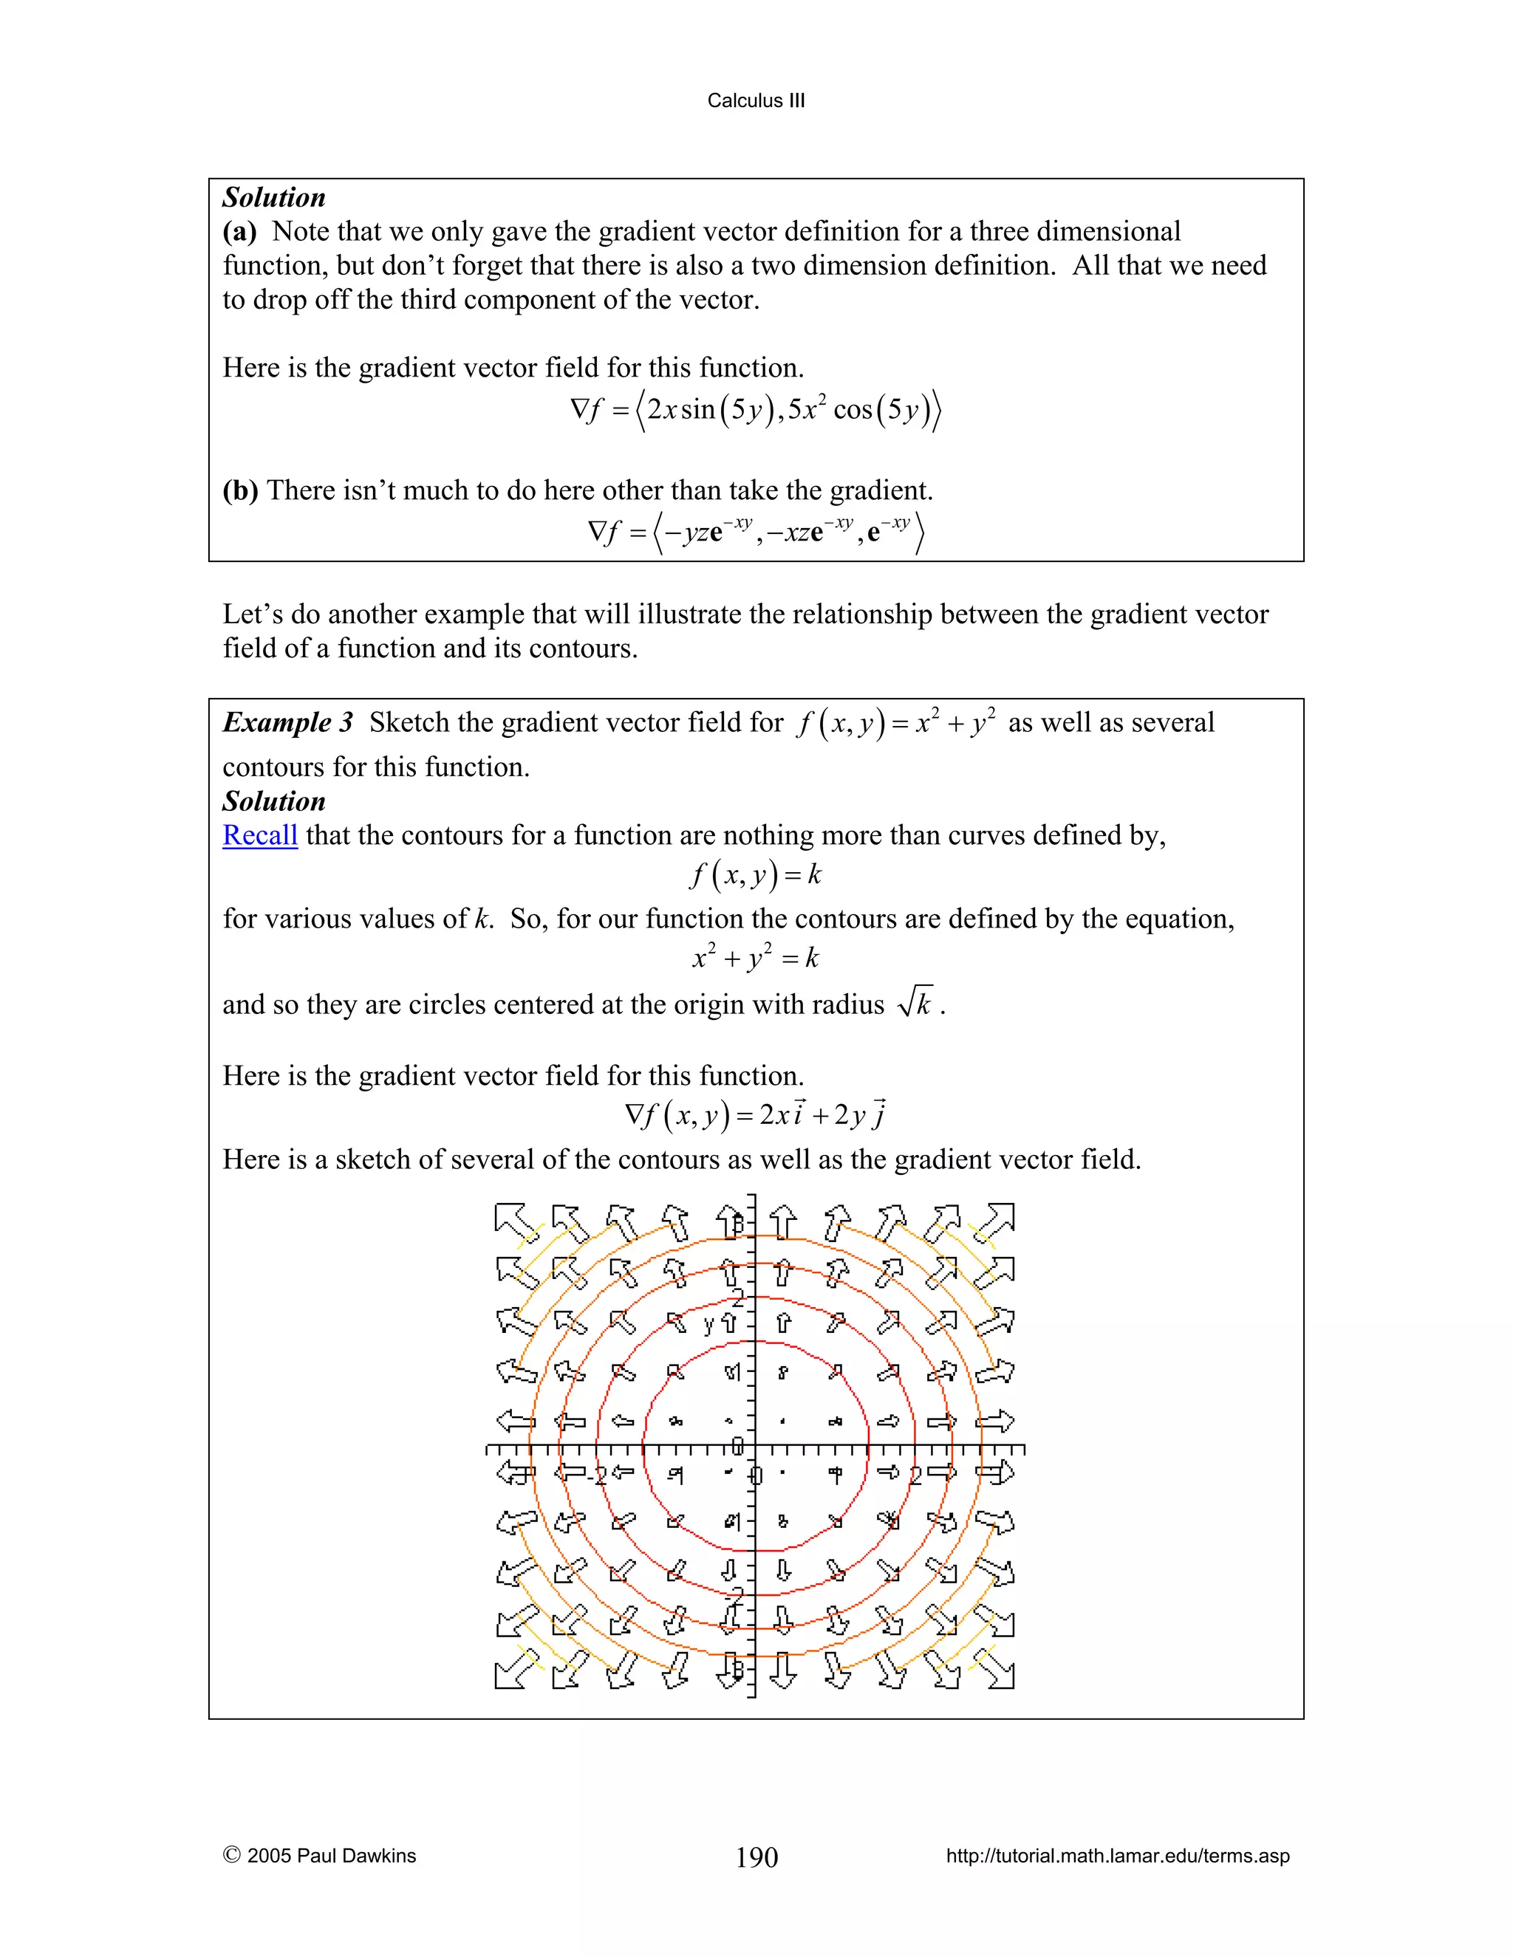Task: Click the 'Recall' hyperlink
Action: [259, 835]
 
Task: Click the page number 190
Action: [756, 1857]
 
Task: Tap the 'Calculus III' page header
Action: [756, 100]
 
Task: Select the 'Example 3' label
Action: [287, 722]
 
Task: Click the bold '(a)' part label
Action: [239, 231]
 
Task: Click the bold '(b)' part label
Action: [239, 490]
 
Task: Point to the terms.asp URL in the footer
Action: [1117, 1856]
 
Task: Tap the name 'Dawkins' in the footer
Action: [382, 1856]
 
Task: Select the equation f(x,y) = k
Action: [755, 874]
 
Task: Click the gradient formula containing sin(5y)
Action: [755, 411]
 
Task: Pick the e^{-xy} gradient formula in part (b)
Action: [755, 533]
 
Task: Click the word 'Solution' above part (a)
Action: [273, 197]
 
